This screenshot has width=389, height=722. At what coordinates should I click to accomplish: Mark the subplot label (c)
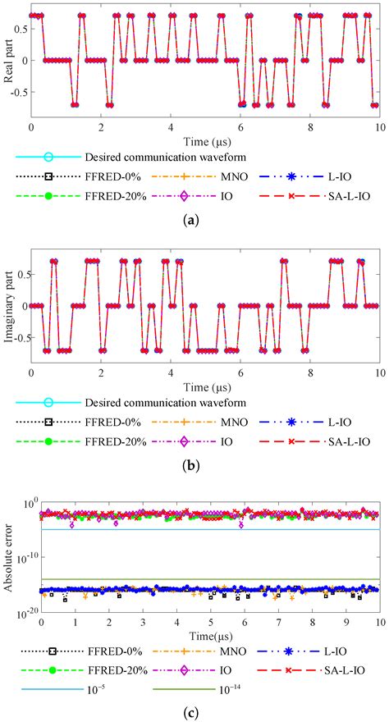(x=194, y=713)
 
